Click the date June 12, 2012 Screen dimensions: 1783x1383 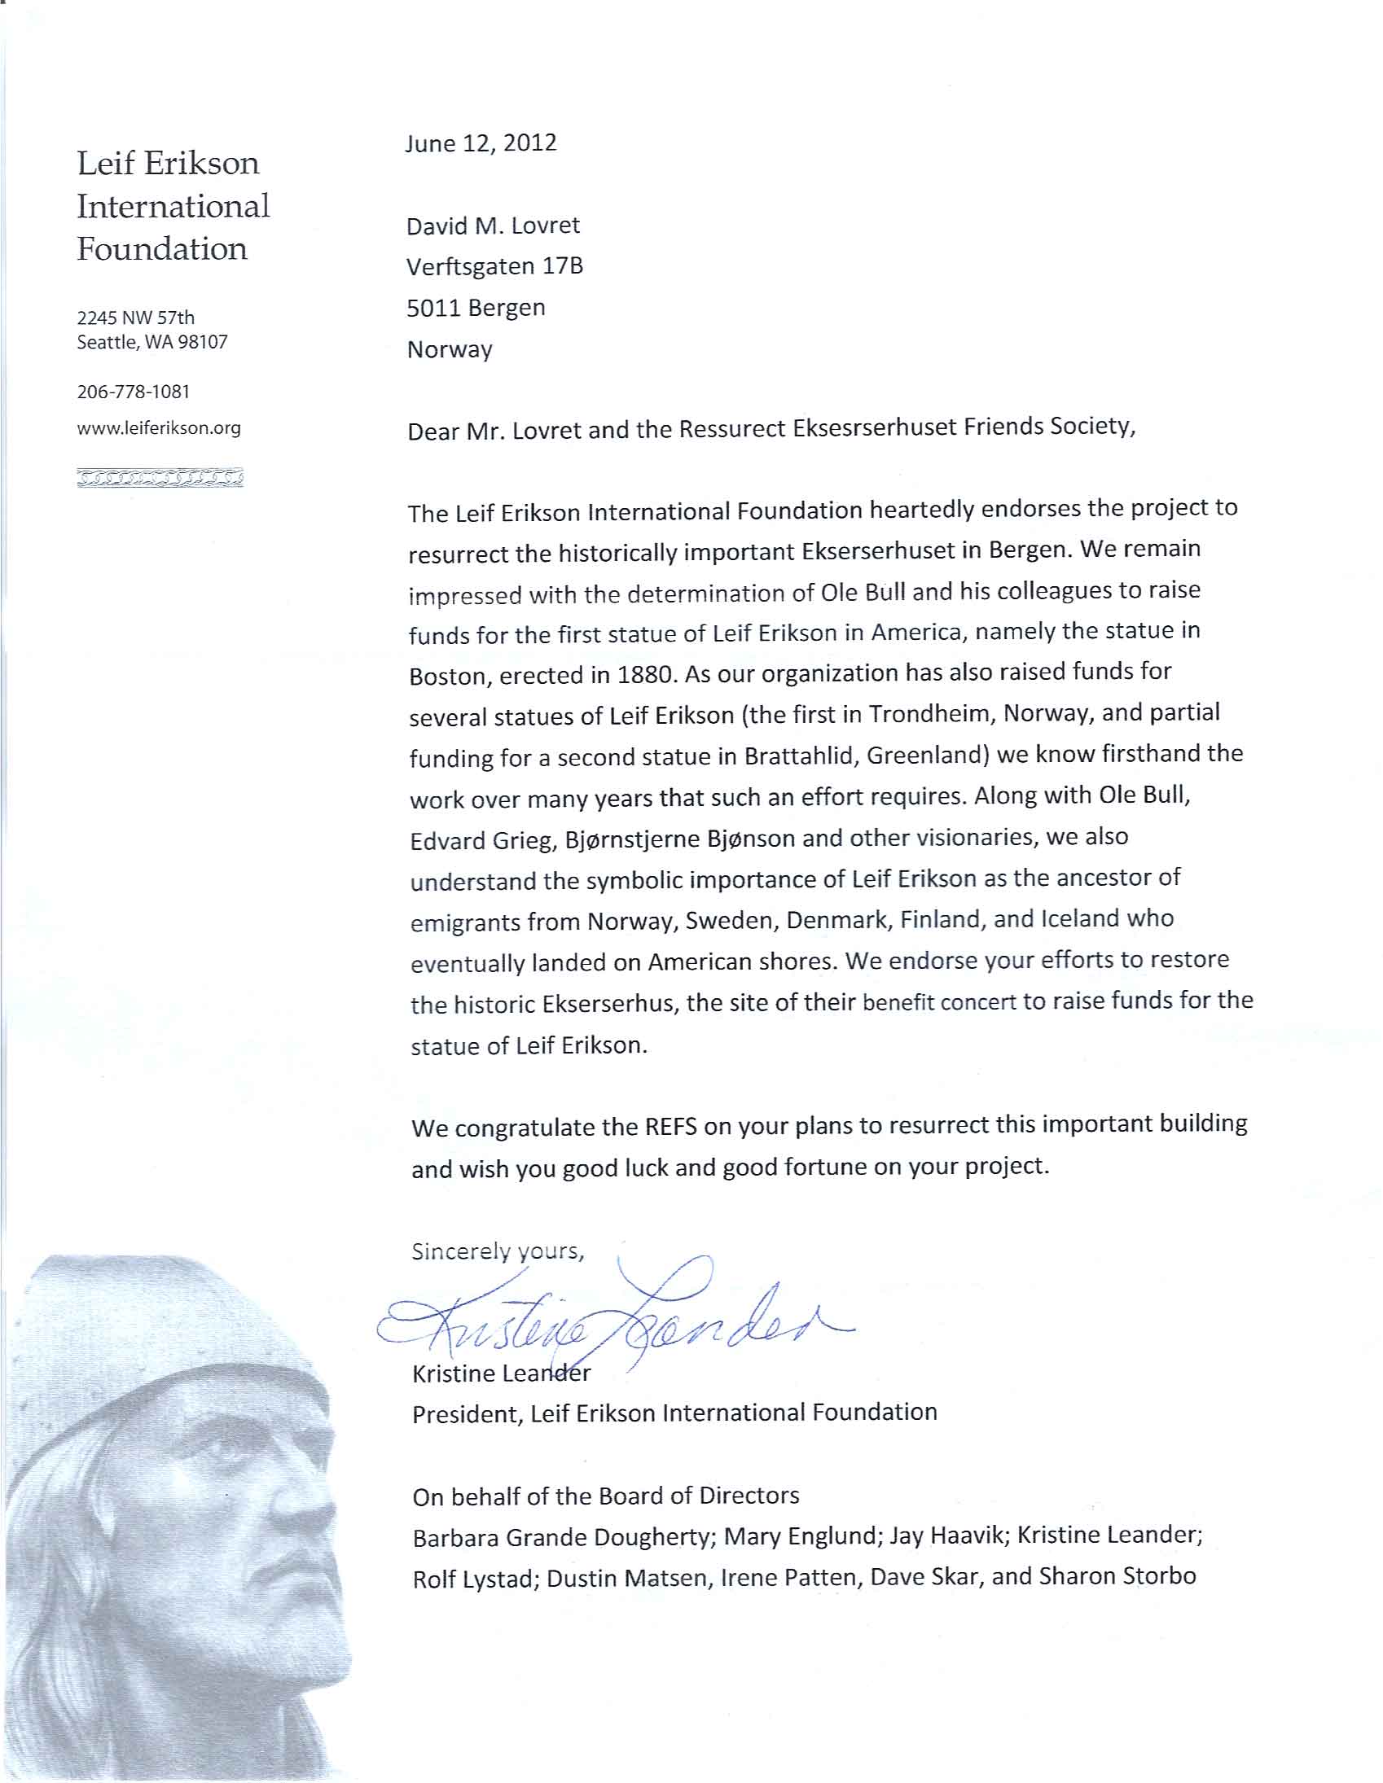(x=481, y=143)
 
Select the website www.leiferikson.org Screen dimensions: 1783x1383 (x=159, y=427)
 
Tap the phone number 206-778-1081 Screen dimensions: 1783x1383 (x=133, y=392)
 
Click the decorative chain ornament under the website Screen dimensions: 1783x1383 (x=160, y=478)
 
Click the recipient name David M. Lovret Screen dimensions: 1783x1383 (x=494, y=226)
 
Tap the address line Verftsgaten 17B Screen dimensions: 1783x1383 (x=495, y=267)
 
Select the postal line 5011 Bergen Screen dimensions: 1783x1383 (x=476, y=309)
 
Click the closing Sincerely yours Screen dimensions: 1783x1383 (x=498, y=1251)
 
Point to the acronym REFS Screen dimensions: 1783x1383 (x=670, y=1128)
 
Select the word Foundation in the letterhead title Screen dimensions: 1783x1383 (x=162, y=249)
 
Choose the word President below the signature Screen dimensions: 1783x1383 (x=467, y=1415)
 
